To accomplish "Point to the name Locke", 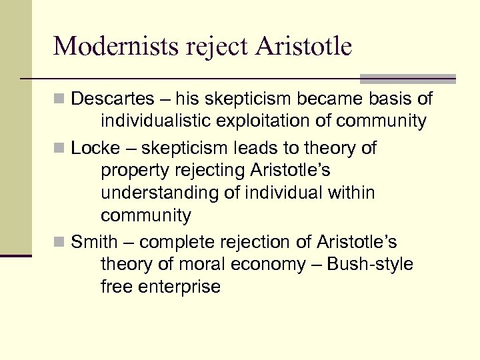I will click(x=93, y=148).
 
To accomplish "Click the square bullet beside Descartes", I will click(x=59, y=100).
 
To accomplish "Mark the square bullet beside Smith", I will click(x=59, y=242).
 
